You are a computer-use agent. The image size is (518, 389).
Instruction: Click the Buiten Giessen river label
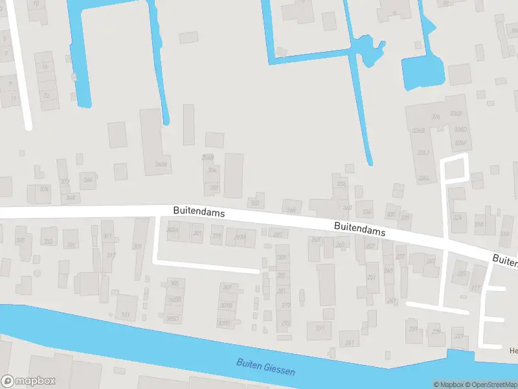(265, 368)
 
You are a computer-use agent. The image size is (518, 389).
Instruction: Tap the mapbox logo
(28, 381)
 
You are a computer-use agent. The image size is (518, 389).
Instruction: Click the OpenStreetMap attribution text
(497, 384)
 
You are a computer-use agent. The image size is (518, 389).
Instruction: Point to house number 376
(44, 189)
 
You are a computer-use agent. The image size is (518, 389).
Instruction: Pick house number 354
(212, 171)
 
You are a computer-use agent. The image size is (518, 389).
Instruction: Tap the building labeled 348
(291, 209)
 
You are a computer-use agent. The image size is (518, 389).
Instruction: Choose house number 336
(341, 184)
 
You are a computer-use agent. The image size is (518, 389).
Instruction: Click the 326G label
(418, 130)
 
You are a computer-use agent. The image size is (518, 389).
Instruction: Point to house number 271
(320, 329)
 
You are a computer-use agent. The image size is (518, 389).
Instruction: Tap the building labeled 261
(350, 342)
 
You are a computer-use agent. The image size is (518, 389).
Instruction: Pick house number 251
(372, 277)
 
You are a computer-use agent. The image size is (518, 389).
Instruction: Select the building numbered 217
(476, 288)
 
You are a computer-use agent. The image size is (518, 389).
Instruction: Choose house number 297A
(240, 237)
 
